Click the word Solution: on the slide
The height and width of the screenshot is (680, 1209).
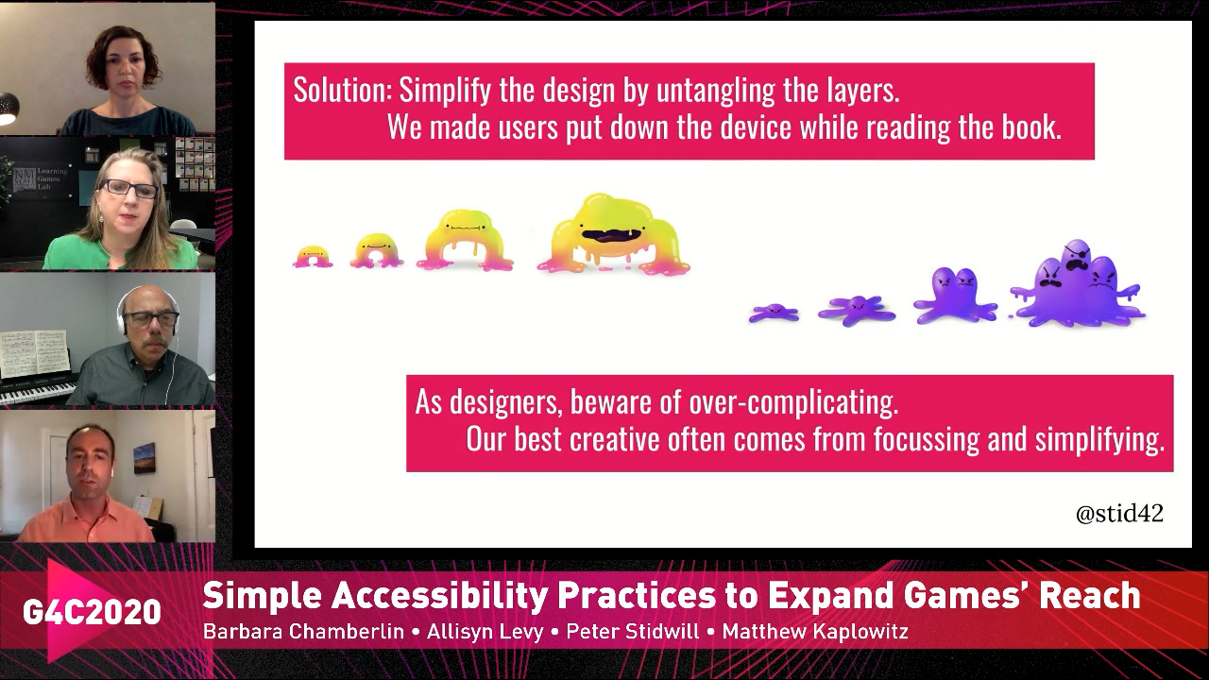(x=342, y=90)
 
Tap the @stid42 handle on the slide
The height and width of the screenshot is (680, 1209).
(x=1119, y=513)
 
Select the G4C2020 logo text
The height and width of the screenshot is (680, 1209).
(x=92, y=611)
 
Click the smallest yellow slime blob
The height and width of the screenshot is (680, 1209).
(x=313, y=256)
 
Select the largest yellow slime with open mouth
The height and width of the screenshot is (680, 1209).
(x=614, y=237)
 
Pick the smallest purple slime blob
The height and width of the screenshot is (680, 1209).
(x=774, y=313)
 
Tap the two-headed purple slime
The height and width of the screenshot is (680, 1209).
(x=955, y=297)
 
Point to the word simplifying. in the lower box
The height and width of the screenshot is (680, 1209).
(x=1099, y=440)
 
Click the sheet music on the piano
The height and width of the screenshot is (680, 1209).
(x=35, y=354)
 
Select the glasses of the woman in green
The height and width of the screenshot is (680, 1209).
(x=129, y=189)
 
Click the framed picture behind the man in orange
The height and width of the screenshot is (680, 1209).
(x=145, y=458)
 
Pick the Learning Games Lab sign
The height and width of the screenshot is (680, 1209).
(x=41, y=178)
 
